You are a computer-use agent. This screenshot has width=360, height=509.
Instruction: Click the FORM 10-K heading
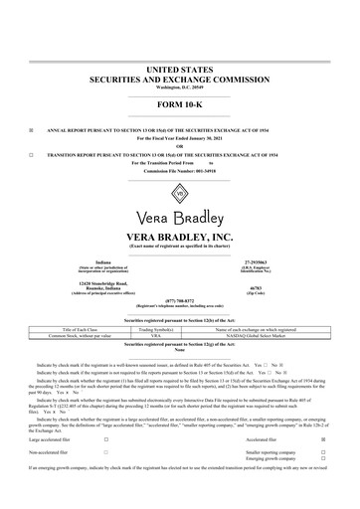tap(180, 104)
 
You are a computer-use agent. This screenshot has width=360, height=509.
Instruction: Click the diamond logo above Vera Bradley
tap(180, 192)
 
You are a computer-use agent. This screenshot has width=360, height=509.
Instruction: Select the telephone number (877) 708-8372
tap(180, 296)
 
